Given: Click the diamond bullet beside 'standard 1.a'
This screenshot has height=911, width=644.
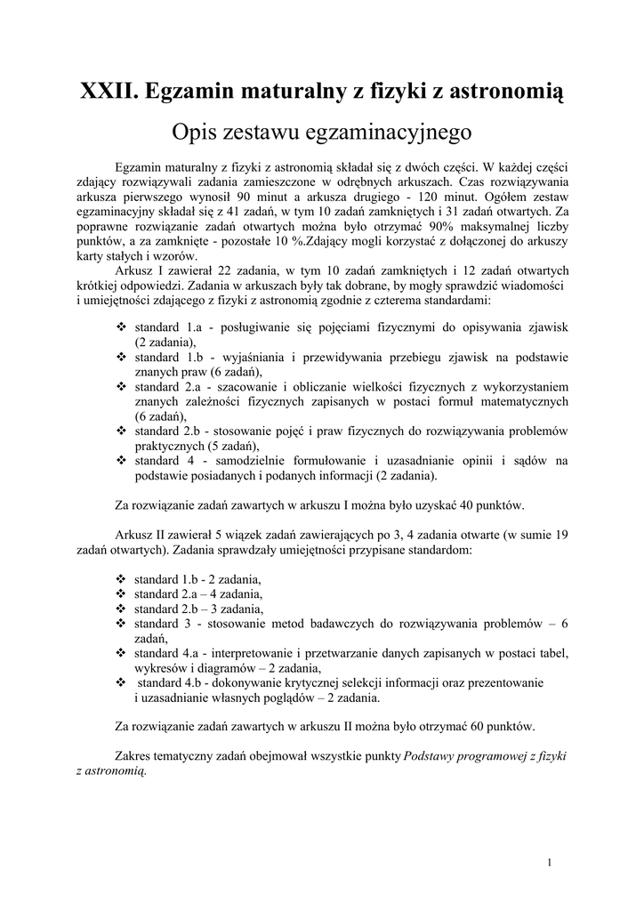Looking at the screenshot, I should (x=122, y=327).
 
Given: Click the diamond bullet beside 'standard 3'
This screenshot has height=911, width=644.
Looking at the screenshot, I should (x=122, y=624).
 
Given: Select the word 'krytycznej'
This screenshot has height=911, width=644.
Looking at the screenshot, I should (x=324, y=683).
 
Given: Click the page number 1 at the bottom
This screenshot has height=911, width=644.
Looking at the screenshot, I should (x=551, y=862).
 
